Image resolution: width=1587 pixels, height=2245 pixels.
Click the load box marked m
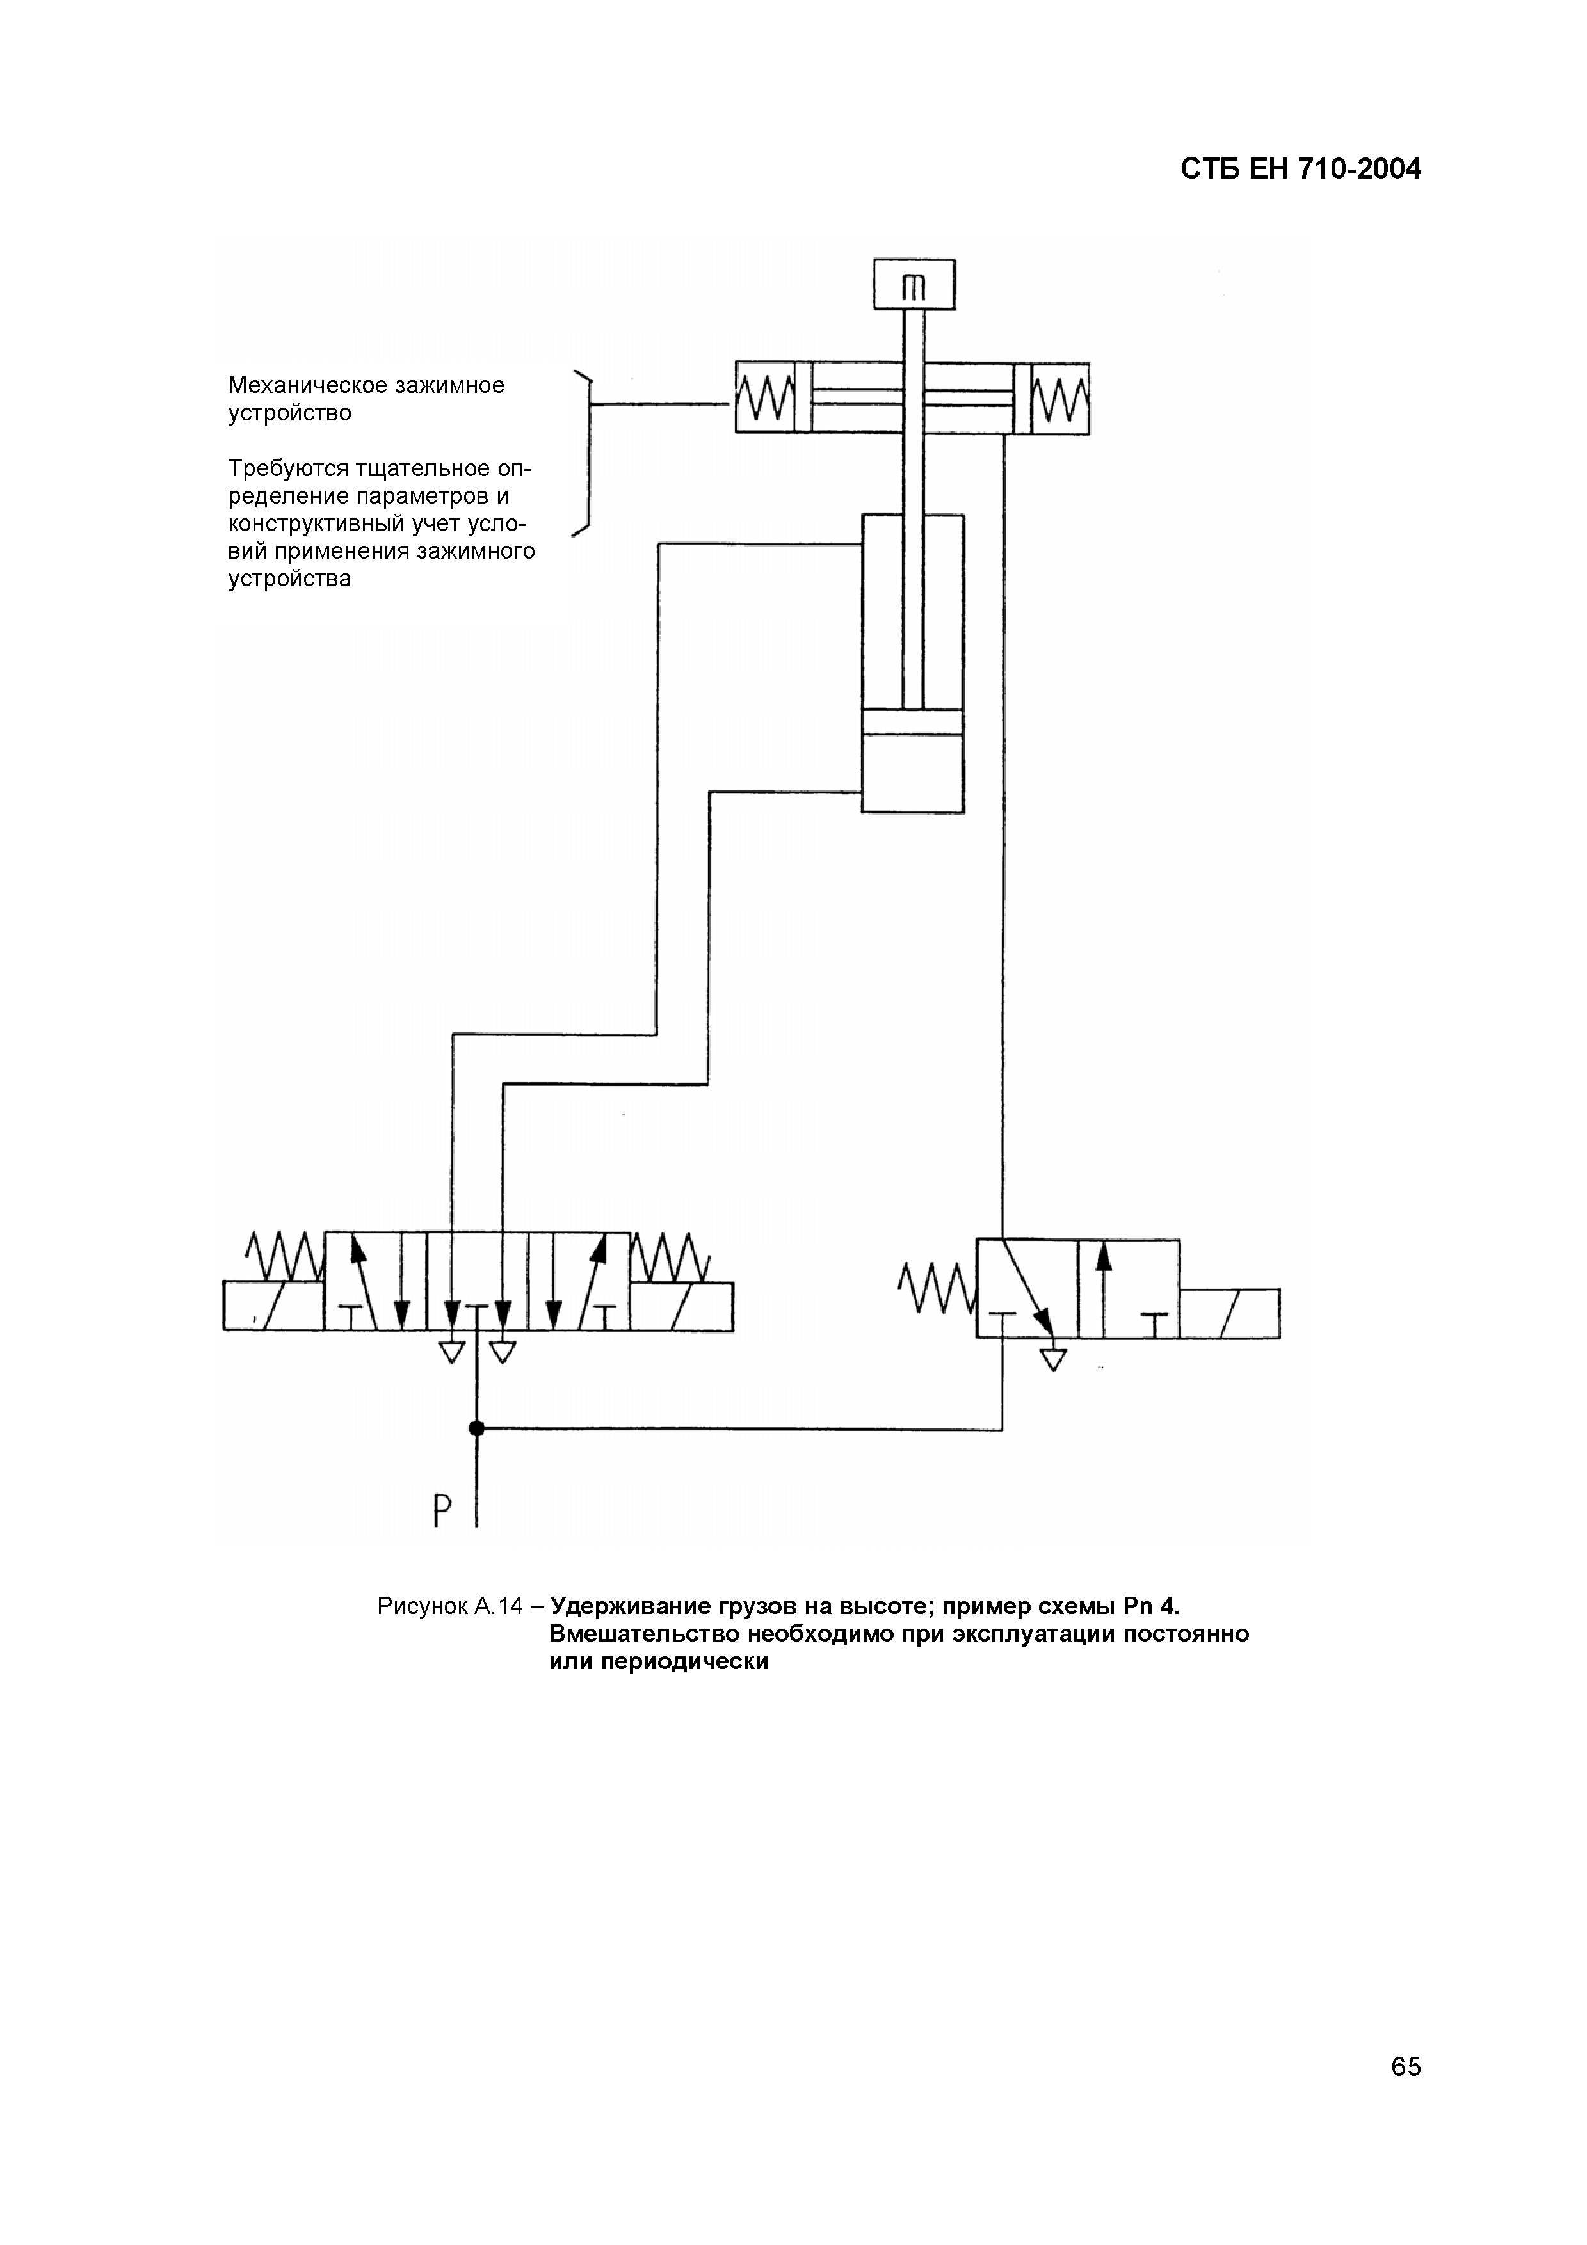tap(914, 285)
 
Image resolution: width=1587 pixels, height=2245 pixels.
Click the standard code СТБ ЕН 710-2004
tap(1300, 170)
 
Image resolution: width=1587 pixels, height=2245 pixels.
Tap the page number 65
tap(1405, 2066)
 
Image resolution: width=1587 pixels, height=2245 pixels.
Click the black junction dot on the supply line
tap(476, 1428)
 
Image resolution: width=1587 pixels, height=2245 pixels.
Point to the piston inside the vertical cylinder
tap(912, 722)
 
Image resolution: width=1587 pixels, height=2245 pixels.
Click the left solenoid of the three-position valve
tap(274, 1306)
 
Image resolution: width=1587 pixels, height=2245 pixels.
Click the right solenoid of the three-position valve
tap(682, 1306)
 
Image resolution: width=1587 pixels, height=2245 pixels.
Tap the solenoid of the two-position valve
tap(1229, 1313)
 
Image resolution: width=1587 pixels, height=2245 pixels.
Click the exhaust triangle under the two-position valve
tap(1053, 1359)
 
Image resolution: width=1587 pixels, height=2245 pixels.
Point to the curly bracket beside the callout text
tap(586, 454)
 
